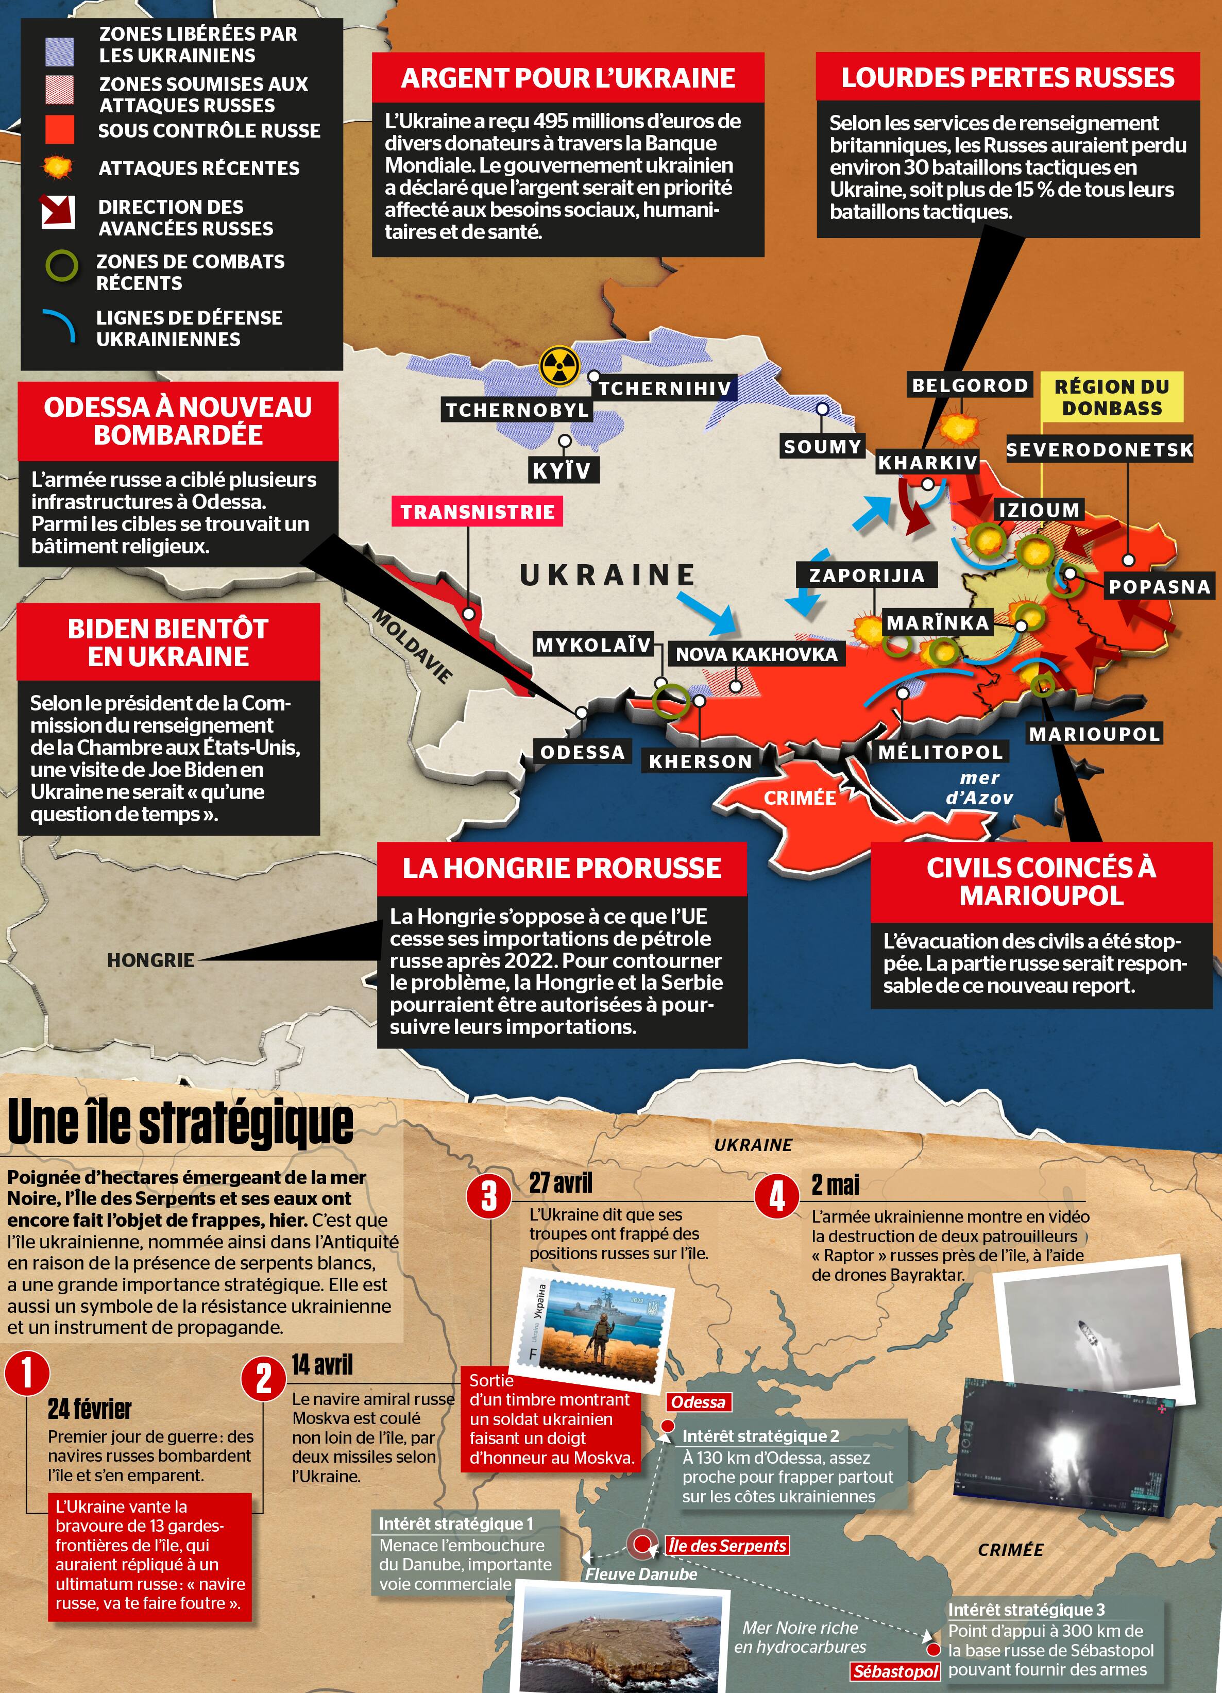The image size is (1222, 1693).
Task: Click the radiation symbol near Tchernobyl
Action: click(x=559, y=365)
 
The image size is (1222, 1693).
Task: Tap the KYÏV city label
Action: click(x=562, y=471)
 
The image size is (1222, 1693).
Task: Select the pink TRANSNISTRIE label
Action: click(x=478, y=512)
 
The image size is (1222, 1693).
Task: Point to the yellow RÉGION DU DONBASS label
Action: click(x=1112, y=397)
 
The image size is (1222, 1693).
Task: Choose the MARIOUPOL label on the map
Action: click(x=1094, y=734)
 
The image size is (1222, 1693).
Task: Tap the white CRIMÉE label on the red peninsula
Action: click(x=800, y=798)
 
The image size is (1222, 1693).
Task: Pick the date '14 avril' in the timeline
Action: click(x=322, y=1365)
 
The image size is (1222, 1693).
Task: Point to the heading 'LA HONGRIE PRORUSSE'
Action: click(x=562, y=868)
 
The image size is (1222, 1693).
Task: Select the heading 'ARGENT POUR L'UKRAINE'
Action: click(x=567, y=78)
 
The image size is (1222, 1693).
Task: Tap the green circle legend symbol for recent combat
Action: click(x=62, y=266)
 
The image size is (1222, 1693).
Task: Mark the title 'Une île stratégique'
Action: click(x=181, y=1122)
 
